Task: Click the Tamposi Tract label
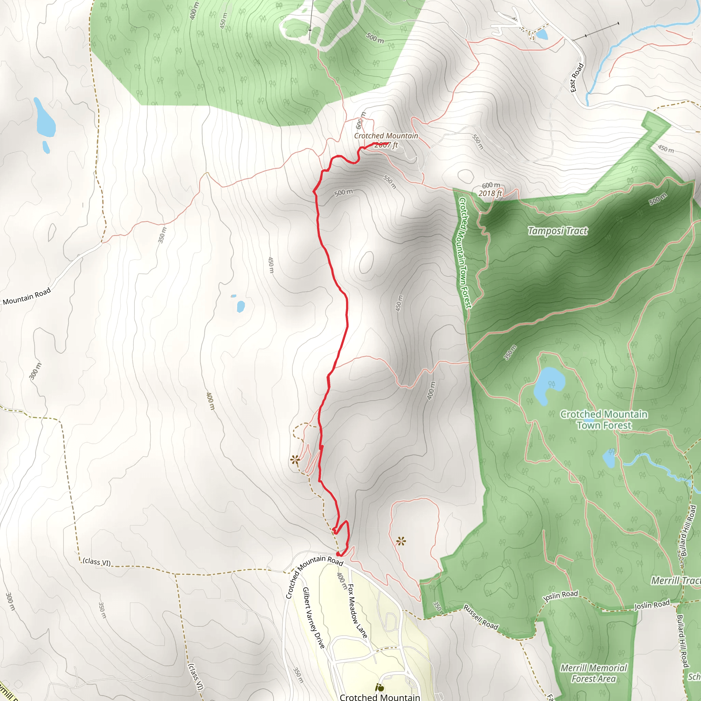click(557, 231)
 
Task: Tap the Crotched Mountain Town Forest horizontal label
click(604, 419)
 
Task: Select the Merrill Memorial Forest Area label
click(594, 673)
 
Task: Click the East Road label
click(576, 77)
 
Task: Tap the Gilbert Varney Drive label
click(314, 617)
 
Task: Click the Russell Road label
click(481, 617)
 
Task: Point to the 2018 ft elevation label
click(490, 193)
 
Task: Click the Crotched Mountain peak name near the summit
click(386, 136)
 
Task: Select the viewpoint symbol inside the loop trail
click(401, 542)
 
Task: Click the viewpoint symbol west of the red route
click(295, 460)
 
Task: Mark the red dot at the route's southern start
click(338, 554)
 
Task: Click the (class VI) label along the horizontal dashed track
click(97, 562)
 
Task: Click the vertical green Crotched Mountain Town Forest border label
click(465, 253)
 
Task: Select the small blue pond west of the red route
click(241, 306)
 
